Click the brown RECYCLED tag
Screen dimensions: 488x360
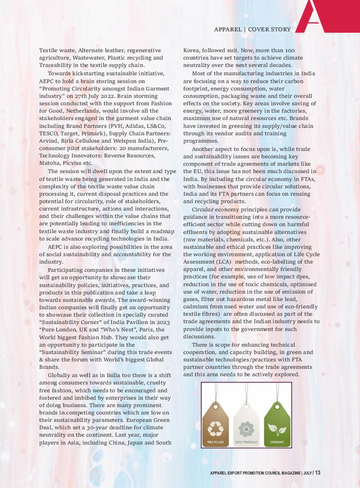click(x=215, y=424)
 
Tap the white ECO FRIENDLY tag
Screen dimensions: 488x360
click(x=246, y=424)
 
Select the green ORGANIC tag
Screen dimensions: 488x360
click(x=277, y=424)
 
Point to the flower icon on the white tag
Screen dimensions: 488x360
click(x=246, y=428)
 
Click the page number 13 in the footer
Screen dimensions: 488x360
click(x=318, y=473)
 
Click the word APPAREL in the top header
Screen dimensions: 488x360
click(x=228, y=30)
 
